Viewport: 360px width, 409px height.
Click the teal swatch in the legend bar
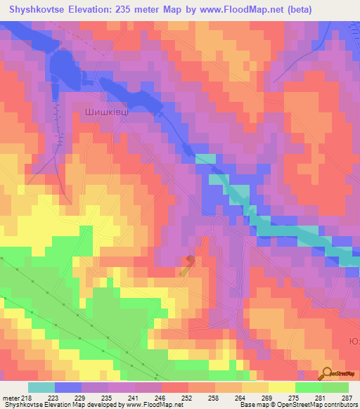click(x=41, y=387)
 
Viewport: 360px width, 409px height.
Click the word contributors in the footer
click(x=340, y=405)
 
